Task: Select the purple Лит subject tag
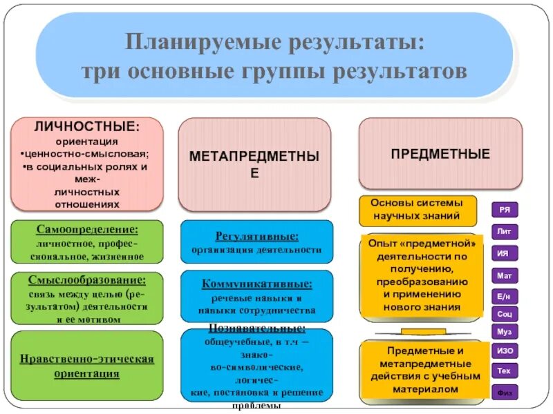click(505, 232)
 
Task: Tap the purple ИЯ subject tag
click(505, 253)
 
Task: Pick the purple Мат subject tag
click(505, 275)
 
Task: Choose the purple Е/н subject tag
click(505, 295)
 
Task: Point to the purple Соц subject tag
click(505, 313)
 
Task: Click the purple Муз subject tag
click(505, 332)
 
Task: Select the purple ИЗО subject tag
click(505, 351)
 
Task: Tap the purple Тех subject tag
click(505, 371)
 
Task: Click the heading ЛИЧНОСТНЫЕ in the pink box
click(86, 128)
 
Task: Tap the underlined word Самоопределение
click(86, 228)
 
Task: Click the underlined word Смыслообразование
click(87, 280)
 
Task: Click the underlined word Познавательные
click(256, 328)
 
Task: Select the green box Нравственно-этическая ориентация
click(86, 366)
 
